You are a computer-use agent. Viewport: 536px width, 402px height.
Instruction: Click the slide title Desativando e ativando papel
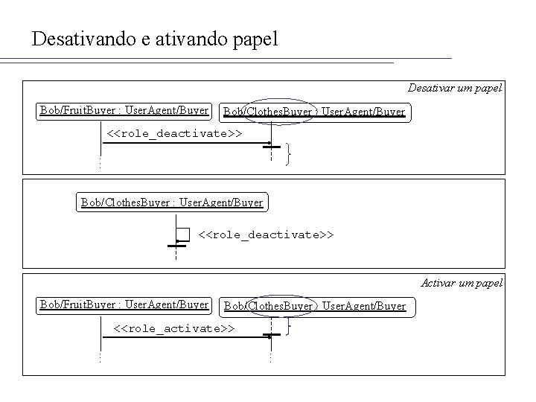[x=155, y=39]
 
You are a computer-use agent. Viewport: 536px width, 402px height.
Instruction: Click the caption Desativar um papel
[x=455, y=88]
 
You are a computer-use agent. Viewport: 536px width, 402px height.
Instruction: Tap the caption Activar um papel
[x=462, y=282]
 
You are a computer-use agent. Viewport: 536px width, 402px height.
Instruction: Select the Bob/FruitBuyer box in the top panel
[x=124, y=111]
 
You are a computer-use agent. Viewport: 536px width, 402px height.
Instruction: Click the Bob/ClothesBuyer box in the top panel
[x=314, y=112]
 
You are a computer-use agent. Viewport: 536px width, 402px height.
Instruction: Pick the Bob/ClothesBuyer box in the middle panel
[x=171, y=202]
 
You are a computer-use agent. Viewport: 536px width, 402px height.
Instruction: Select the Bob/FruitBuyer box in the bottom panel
[x=124, y=304]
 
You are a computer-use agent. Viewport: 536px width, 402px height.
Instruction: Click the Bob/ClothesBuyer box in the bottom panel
[x=315, y=306]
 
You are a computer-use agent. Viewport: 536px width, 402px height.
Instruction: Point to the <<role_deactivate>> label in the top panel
[x=174, y=133]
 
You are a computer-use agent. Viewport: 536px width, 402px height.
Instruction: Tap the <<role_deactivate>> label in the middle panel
[x=266, y=234]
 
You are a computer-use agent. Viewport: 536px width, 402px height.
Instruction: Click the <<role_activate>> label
[x=174, y=328]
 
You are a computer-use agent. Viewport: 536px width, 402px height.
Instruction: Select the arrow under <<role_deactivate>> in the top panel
[x=186, y=142]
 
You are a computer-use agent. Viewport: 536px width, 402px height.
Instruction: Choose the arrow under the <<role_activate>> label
[x=186, y=337]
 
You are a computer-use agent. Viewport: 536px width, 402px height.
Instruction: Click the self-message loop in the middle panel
[x=183, y=235]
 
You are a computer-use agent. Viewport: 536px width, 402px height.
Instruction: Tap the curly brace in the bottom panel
[x=289, y=326]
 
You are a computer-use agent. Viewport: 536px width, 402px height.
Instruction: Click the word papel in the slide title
[x=252, y=39]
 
